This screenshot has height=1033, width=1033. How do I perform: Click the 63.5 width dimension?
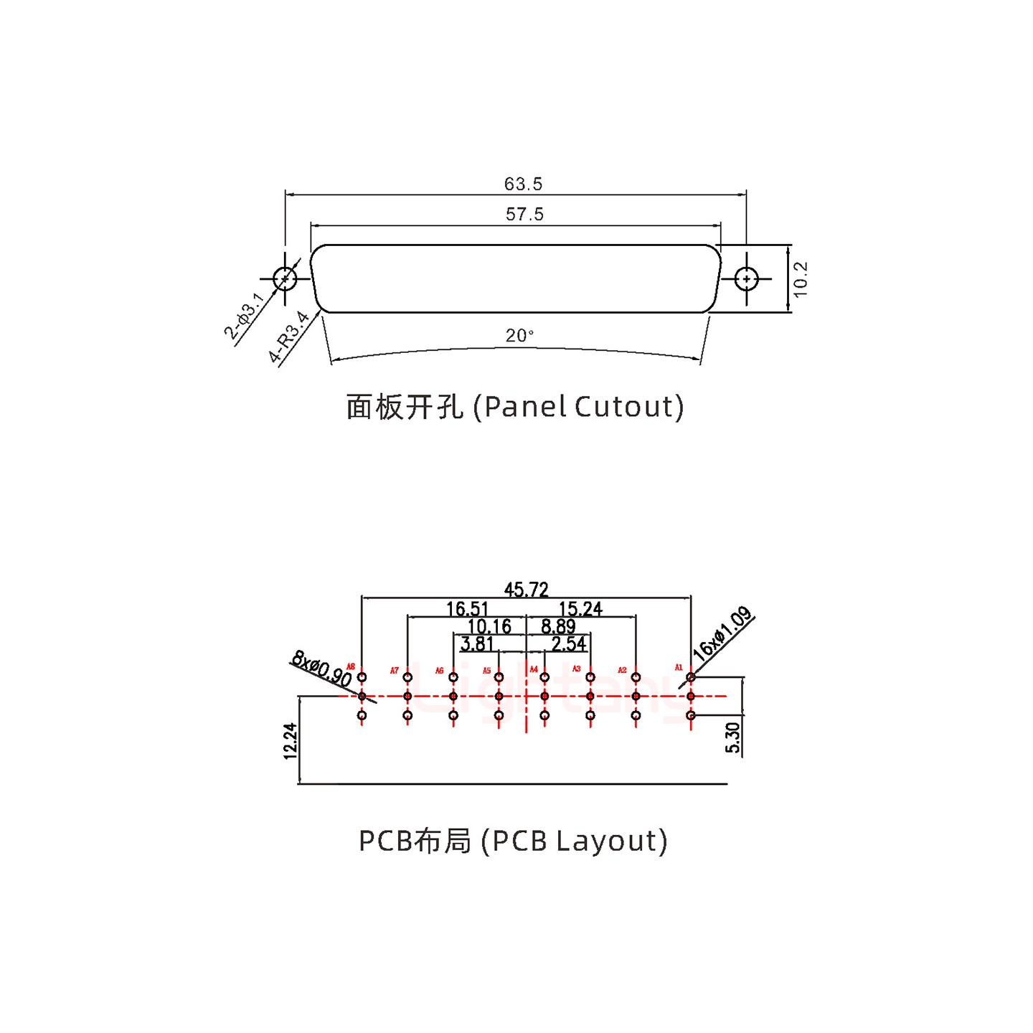[x=523, y=184]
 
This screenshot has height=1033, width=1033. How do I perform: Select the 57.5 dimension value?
[x=524, y=214]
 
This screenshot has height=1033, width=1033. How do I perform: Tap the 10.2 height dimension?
[x=801, y=279]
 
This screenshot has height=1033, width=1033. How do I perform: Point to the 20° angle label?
[x=519, y=336]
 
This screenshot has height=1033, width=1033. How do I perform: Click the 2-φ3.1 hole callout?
[x=245, y=316]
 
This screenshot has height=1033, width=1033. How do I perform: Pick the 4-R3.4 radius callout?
[x=288, y=337]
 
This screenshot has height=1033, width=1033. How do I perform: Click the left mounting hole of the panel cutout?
[x=285, y=278]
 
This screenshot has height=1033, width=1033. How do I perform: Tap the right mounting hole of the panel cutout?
[x=746, y=278]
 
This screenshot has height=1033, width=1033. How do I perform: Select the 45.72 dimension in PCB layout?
[x=526, y=590]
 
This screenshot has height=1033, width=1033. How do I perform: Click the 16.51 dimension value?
[x=467, y=609]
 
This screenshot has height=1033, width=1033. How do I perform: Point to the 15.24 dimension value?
[x=580, y=609]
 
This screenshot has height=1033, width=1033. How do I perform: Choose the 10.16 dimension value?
[x=489, y=626]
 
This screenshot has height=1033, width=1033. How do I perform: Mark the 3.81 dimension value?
[x=477, y=643]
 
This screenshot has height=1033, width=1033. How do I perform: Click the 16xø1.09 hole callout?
[x=722, y=633]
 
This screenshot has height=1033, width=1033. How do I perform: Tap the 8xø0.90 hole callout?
[x=321, y=669]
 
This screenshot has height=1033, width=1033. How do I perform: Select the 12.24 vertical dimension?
[x=290, y=741]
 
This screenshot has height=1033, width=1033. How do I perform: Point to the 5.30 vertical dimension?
[x=732, y=737]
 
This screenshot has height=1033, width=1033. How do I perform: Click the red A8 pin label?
[x=351, y=667]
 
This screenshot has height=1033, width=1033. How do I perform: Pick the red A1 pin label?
[x=679, y=668]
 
